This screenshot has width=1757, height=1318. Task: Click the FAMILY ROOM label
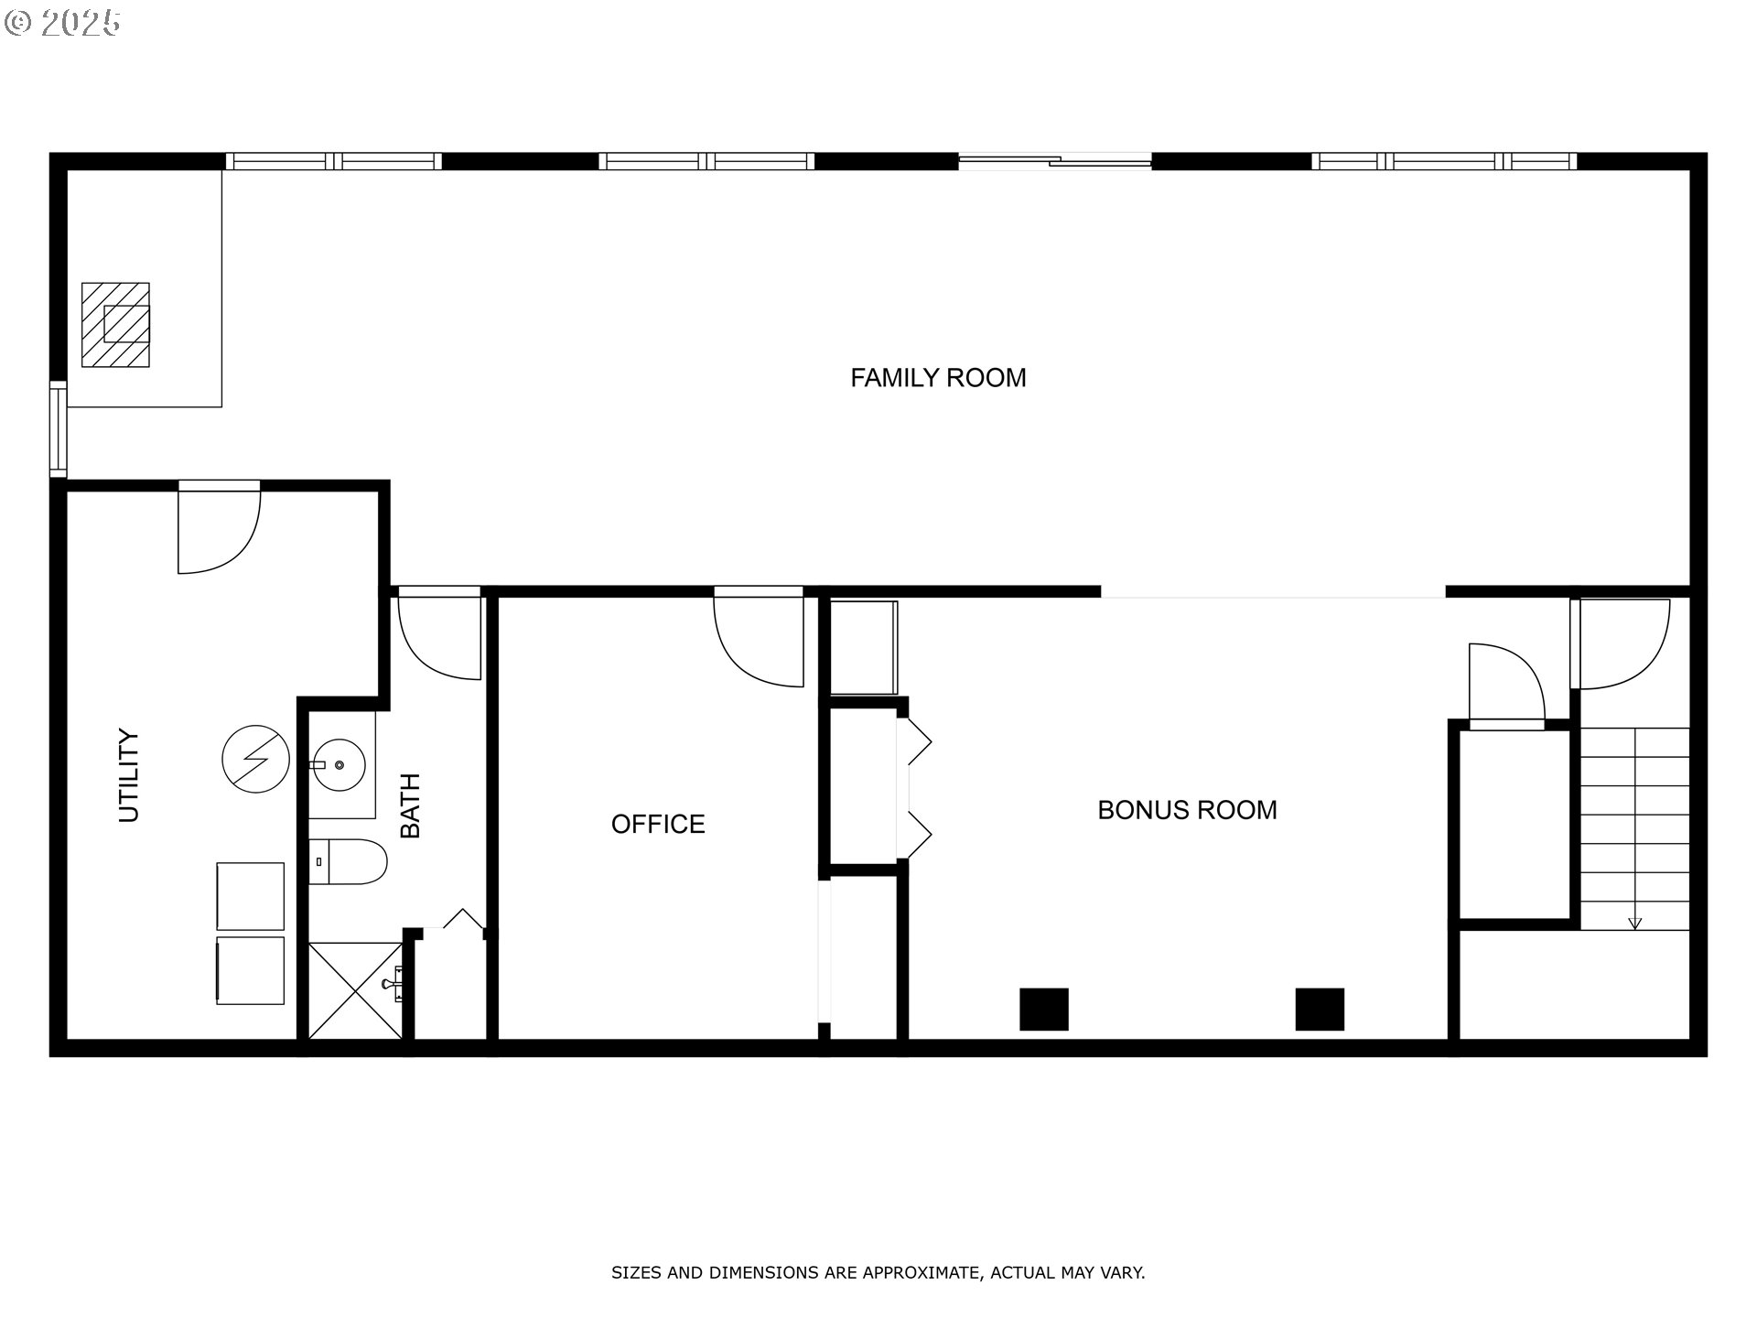(x=938, y=378)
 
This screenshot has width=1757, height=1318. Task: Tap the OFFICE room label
(x=658, y=824)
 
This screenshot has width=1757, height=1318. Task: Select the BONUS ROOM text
(x=1187, y=810)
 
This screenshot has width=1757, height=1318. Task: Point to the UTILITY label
(x=130, y=775)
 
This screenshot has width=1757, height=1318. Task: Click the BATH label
(x=411, y=805)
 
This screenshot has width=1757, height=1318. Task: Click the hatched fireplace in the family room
(x=115, y=325)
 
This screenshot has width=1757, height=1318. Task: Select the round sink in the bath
(x=339, y=764)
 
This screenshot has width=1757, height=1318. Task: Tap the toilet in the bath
(x=348, y=861)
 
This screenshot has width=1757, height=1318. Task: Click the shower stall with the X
(x=355, y=990)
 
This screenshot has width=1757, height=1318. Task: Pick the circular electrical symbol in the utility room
(x=256, y=759)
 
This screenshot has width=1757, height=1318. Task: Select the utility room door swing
(x=219, y=531)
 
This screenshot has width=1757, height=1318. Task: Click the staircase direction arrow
(x=1635, y=923)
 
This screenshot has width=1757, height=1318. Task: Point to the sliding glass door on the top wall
(x=1054, y=162)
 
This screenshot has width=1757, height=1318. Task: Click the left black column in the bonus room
(x=1044, y=1010)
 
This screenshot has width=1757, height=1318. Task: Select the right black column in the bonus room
(x=1320, y=1010)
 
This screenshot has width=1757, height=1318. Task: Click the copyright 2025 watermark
(x=62, y=22)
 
